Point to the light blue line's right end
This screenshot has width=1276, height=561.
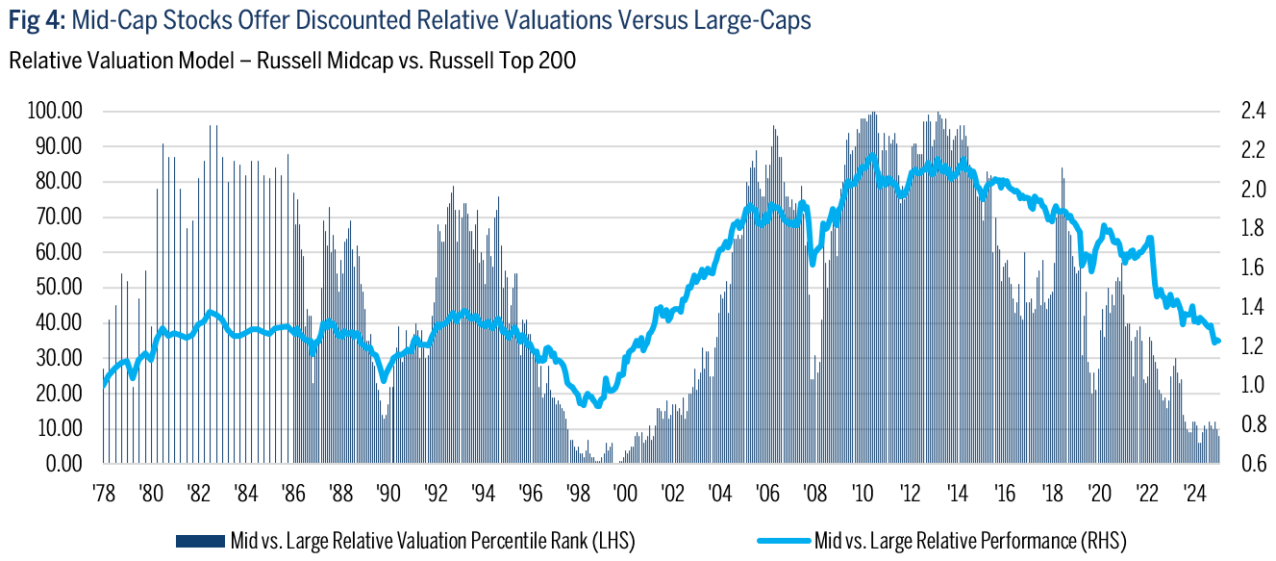click(x=1218, y=341)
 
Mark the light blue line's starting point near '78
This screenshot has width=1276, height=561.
click(x=103, y=385)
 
